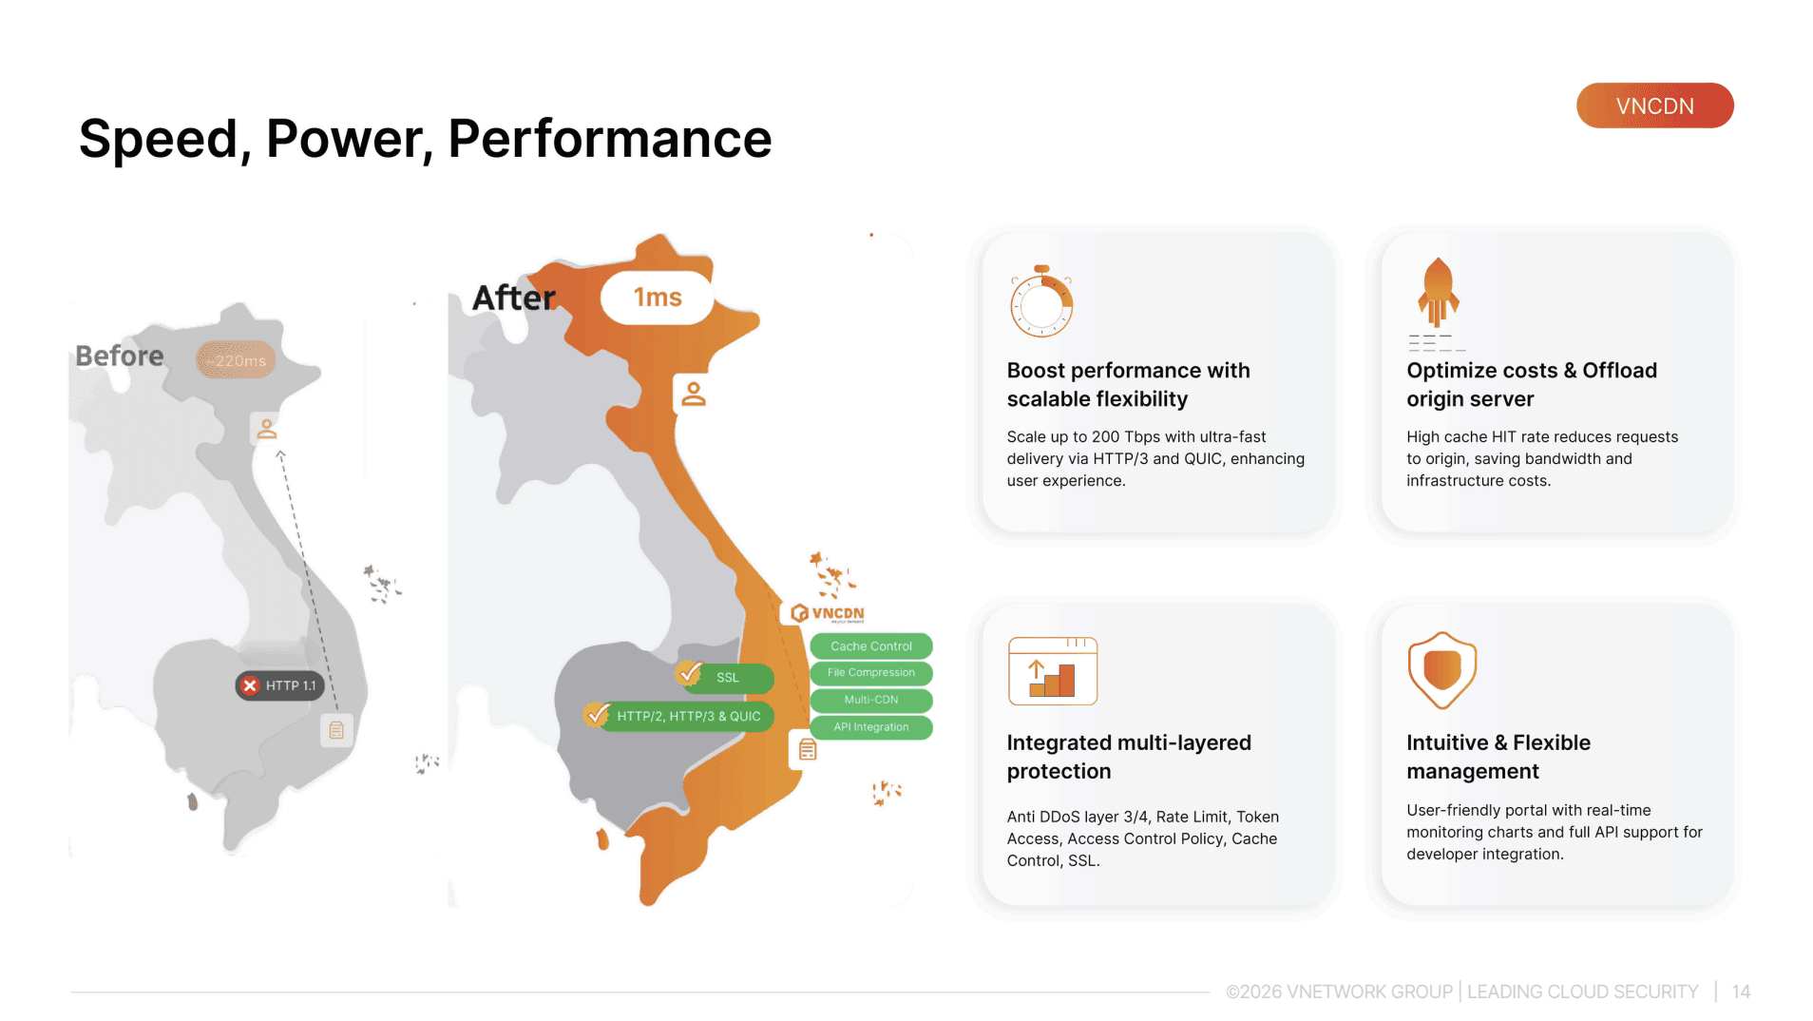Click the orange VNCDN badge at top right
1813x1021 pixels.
(x=1654, y=106)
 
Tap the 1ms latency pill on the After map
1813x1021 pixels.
(x=657, y=298)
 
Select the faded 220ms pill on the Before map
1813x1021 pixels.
(x=237, y=360)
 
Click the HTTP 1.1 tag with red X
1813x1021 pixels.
(x=279, y=685)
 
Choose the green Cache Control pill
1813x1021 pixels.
(x=871, y=646)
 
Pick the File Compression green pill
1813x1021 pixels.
(x=871, y=673)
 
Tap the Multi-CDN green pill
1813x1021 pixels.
(x=871, y=700)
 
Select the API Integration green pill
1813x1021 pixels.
(x=871, y=727)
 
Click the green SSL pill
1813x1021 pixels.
(x=726, y=678)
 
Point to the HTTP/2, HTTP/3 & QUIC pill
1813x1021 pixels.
(x=679, y=716)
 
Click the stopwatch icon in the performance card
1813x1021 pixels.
(x=1041, y=301)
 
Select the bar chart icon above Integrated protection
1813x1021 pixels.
(x=1053, y=671)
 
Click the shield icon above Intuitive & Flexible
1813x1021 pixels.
(x=1442, y=670)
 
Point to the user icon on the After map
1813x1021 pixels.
(x=694, y=394)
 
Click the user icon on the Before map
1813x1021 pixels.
(x=267, y=429)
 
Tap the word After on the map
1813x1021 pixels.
(x=514, y=298)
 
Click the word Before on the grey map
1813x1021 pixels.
(x=120, y=356)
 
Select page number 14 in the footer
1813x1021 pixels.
(x=1741, y=992)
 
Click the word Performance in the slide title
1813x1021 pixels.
(x=610, y=139)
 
